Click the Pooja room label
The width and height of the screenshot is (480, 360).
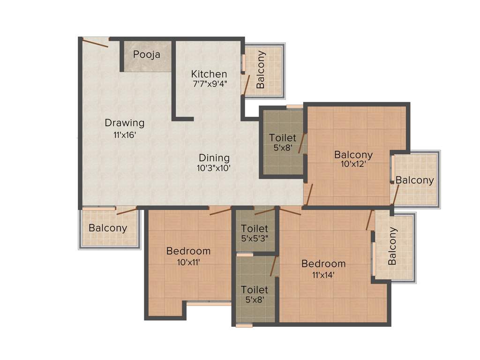pyautogui.click(x=146, y=54)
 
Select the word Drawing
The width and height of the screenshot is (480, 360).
pyautogui.click(x=124, y=123)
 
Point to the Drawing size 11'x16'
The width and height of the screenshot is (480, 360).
pyautogui.click(x=124, y=135)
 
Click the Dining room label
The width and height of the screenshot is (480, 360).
pyautogui.click(x=214, y=158)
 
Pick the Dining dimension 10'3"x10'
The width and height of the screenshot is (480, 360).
pyautogui.click(x=214, y=168)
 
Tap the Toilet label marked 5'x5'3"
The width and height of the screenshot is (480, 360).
pyautogui.click(x=255, y=229)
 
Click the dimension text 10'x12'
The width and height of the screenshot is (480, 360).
pyautogui.click(x=353, y=165)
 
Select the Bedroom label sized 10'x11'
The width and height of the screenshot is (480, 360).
pyautogui.click(x=188, y=251)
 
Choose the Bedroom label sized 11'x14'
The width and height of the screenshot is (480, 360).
pyautogui.click(x=323, y=263)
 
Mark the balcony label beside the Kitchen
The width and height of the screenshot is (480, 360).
pyautogui.click(x=261, y=69)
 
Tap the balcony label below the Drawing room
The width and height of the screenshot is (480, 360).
pyautogui.click(x=108, y=228)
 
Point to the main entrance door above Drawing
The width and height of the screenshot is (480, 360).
pyautogui.click(x=96, y=42)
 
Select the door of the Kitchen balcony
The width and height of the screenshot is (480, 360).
pyautogui.click(x=245, y=84)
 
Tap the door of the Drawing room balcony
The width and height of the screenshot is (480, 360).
pyautogui.click(x=126, y=211)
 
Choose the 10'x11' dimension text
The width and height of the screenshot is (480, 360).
pyautogui.click(x=188, y=262)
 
